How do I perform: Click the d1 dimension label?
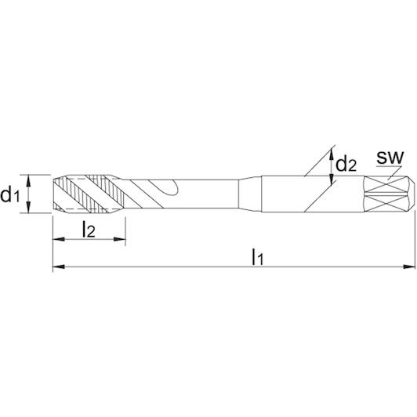click(x=10, y=194)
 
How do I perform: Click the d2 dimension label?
click(x=346, y=164)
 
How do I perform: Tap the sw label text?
click(x=390, y=158)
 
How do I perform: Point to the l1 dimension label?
click(x=257, y=256)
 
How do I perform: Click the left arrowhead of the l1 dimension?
click(x=59, y=267)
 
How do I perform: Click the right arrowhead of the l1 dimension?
click(x=409, y=267)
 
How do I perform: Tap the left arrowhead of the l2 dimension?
click(x=59, y=239)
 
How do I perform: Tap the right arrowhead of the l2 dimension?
click(x=120, y=239)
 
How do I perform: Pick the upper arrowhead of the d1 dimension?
click(x=29, y=181)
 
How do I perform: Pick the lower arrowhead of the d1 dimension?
click(x=29, y=207)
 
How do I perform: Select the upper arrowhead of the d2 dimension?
click(x=332, y=154)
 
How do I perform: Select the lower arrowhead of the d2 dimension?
click(x=332, y=179)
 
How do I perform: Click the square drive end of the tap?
click(x=389, y=194)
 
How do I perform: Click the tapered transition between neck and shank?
click(x=250, y=194)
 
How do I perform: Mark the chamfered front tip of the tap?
click(x=59, y=194)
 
